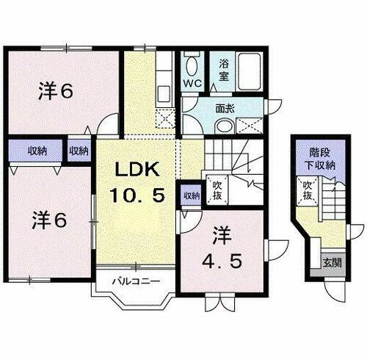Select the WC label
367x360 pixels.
pos(192,83)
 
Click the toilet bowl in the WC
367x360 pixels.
pos(192,66)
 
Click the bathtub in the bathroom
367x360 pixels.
pos(248,69)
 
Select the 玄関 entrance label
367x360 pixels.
pos(327,261)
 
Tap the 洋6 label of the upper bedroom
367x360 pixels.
pos(54,92)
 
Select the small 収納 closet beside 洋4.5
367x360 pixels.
pos(190,195)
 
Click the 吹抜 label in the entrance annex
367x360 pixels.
pos(308,194)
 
